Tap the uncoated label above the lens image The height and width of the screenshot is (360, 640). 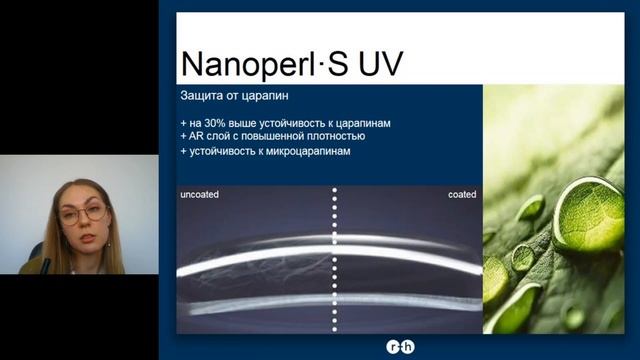[x=200, y=194]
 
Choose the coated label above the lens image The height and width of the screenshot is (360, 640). [x=462, y=194]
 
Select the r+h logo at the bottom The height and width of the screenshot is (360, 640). [x=399, y=347]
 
